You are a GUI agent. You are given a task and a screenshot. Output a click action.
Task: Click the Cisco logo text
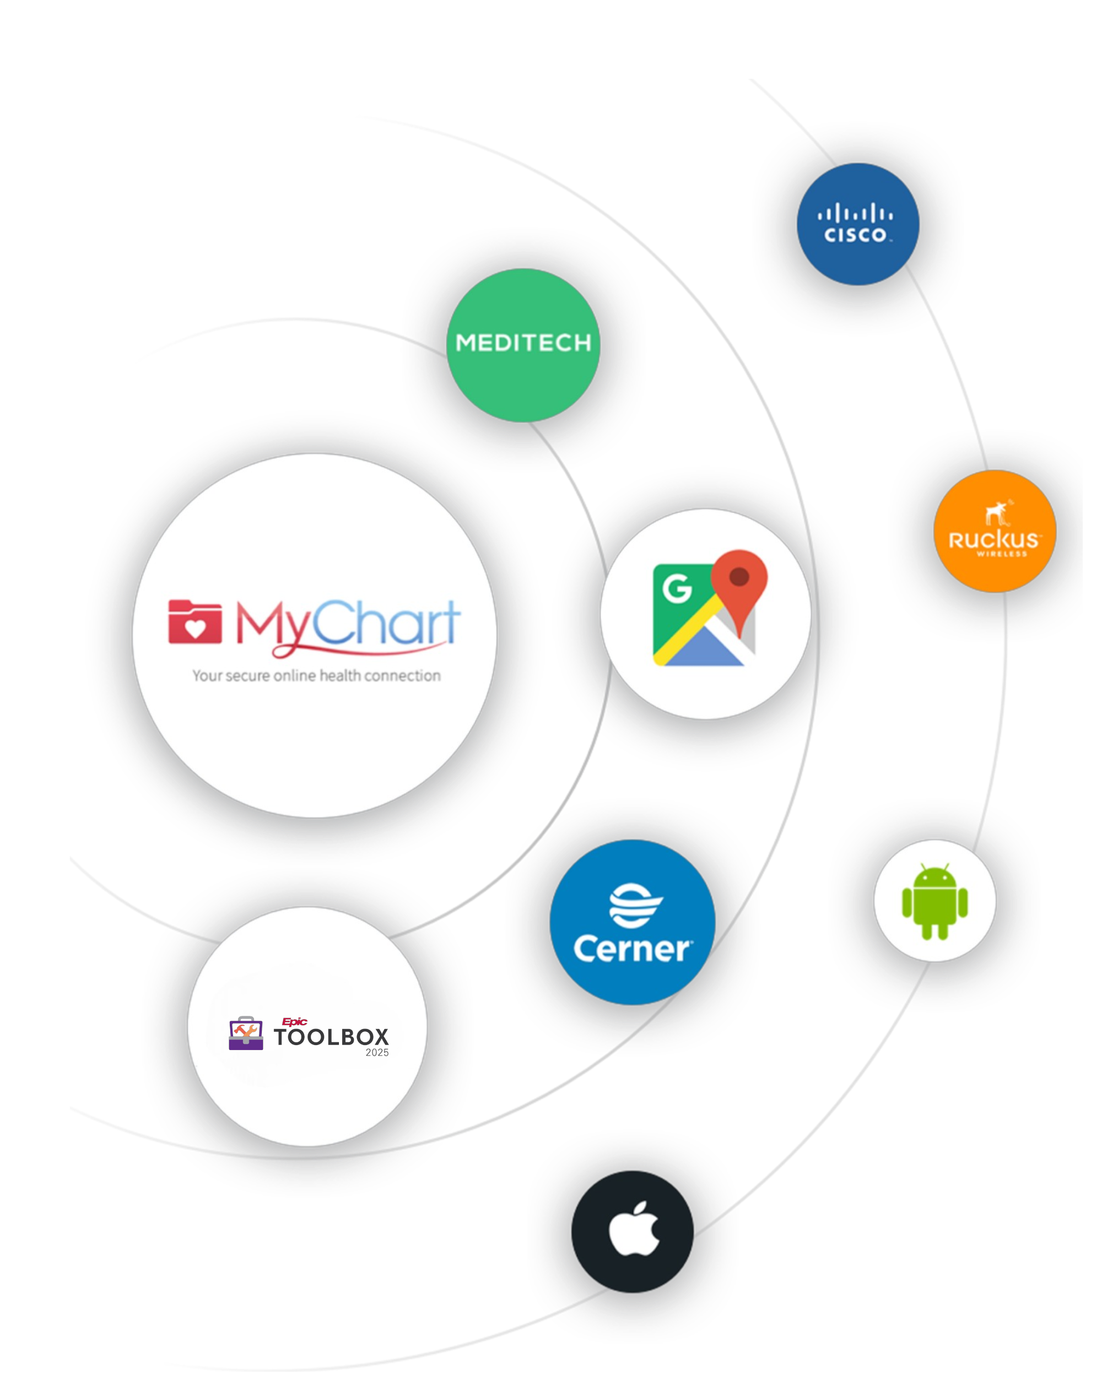(855, 235)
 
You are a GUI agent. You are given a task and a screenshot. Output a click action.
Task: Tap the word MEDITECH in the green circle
(523, 343)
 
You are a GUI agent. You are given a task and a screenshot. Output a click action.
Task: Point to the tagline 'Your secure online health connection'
(316, 675)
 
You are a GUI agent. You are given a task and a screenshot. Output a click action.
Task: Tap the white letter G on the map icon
(677, 588)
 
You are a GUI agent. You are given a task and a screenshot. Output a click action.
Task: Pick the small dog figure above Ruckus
(997, 513)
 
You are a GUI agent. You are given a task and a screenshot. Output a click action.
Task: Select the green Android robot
(934, 901)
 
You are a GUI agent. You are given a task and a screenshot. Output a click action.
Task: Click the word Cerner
(631, 949)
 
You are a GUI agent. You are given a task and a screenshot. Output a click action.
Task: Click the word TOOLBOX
(331, 1037)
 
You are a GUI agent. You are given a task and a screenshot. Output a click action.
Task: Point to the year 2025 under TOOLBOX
(377, 1053)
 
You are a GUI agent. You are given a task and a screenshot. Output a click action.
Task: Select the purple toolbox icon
(246, 1033)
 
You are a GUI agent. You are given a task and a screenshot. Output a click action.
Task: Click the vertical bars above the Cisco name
(855, 214)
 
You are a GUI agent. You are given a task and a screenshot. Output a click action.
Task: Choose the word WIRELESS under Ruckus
(1001, 554)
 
